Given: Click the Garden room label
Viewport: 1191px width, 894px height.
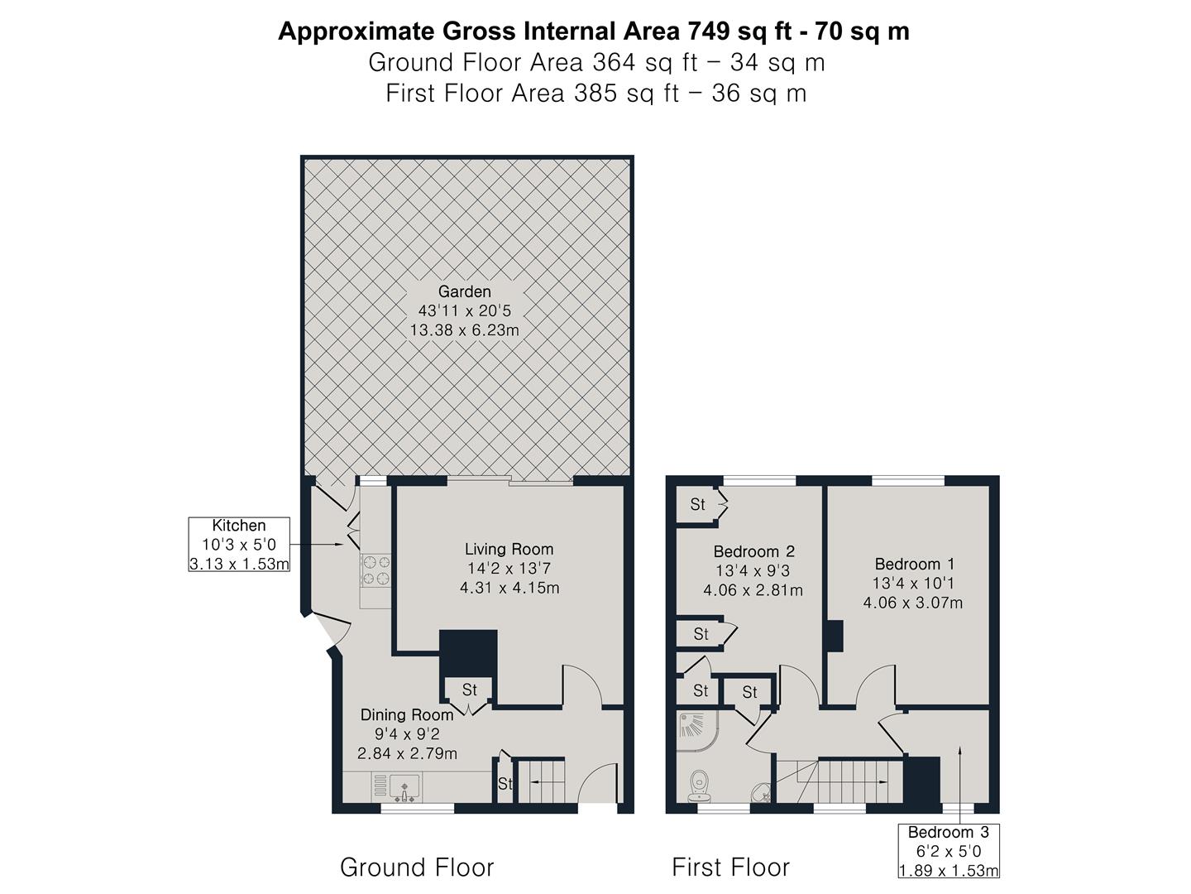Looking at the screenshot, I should (x=464, y=291).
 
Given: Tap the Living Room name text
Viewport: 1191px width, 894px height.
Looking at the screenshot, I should (x=509, y=549).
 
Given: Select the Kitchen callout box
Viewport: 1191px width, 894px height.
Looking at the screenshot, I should (x=239, y=545).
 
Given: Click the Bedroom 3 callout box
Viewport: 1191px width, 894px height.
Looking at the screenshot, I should (x=949, y=850).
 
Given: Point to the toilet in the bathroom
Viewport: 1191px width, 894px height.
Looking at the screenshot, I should (x=701, y=784).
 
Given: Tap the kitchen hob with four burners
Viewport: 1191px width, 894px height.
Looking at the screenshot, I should (x=375, y=570).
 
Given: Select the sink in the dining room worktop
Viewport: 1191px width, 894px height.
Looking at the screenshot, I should (x=405, y=787).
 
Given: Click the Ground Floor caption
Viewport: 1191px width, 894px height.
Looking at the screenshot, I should (x=417, y=868).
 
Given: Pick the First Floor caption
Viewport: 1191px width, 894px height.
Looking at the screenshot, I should (x=730, y=868).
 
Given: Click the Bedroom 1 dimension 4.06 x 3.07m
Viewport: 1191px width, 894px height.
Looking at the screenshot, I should (x=912, y=603).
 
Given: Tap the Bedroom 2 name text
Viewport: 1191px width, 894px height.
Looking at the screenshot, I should (x=753, y=551).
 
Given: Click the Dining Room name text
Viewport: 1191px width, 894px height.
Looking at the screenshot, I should (x=406, y=714).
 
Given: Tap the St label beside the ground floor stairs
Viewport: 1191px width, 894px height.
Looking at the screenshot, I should (x=505, y=783).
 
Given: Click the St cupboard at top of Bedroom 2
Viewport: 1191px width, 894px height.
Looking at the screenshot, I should (x=697, y=504).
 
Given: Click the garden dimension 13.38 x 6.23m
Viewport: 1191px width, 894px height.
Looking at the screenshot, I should (x=464, y=330).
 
